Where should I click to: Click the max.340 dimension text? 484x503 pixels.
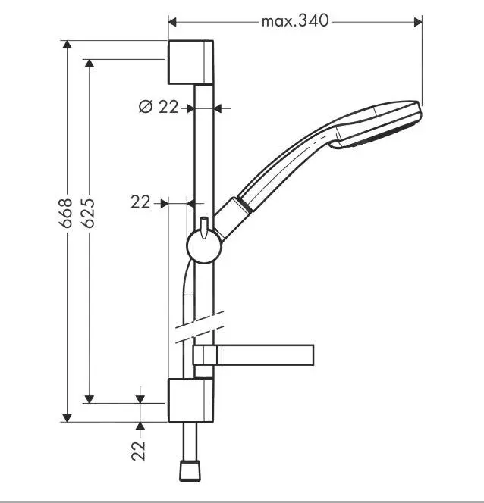point(295,20)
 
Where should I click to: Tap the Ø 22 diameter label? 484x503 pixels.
point(158,108)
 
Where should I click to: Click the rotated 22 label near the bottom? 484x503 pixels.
point(139,451)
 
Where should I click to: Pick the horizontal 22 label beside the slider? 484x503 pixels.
point(140,202)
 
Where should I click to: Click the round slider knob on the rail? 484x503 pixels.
point(203,245)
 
